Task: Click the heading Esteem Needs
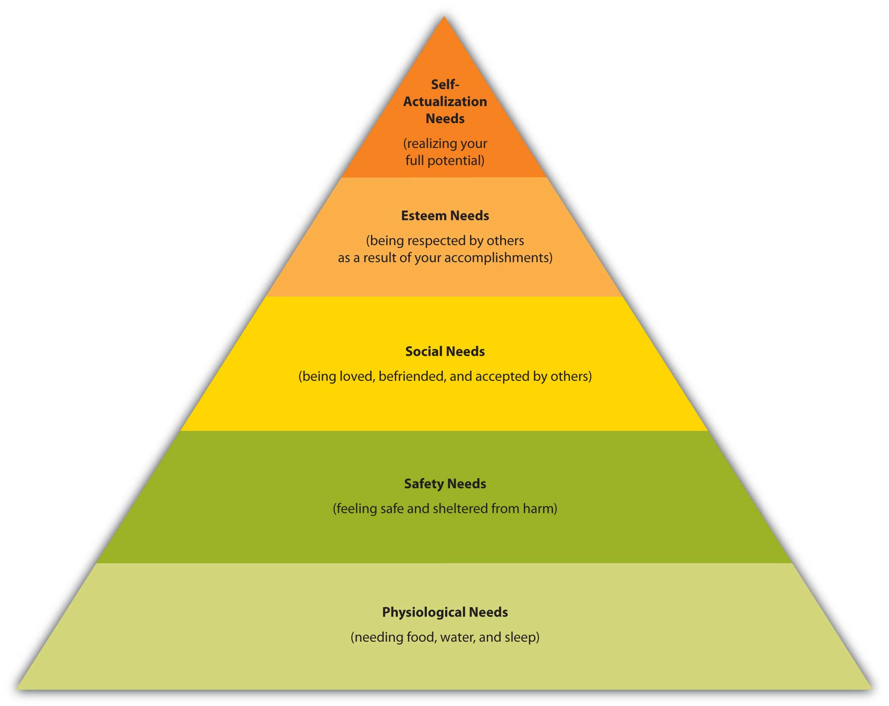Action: pyautogui.click(x=445, y=216)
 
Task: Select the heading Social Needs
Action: pyautogui.click(x=445, y=352)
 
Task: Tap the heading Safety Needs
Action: pyautogui.click(x=445, y=484)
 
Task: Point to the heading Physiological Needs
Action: pyautogui.click(x=445, y=612)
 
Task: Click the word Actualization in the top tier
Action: pyautogui.click(x=445, y=101)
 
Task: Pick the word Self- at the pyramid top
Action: pyautogui.click(x=445, y=84)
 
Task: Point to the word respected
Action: pyautogui.click(x=437, y=241)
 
